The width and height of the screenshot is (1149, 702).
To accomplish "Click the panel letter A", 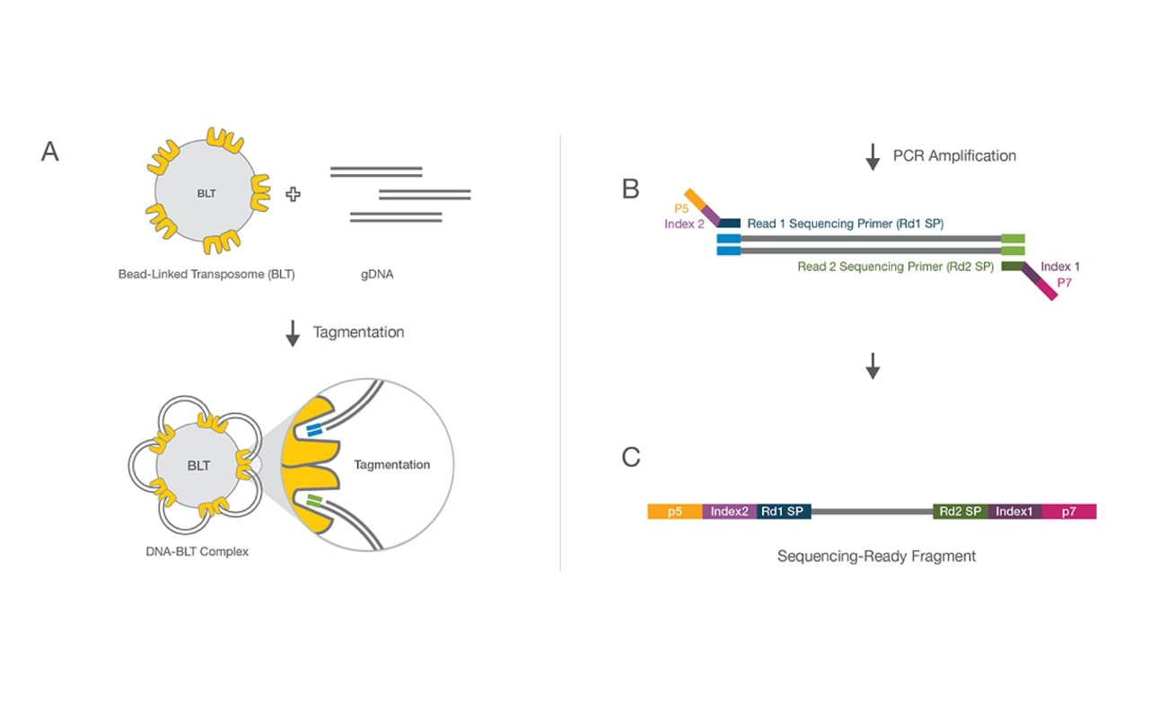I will point(50,152).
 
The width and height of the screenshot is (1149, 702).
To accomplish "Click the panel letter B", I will point(630,189).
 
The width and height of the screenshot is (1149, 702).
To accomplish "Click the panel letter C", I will point(631,457).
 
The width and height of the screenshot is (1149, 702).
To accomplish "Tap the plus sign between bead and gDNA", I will point(293,193).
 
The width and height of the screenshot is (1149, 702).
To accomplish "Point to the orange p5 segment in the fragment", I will point(674,511).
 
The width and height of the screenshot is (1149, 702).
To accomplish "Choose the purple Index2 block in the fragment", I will point(730,511).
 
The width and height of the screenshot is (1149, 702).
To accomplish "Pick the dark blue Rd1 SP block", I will point(784,511).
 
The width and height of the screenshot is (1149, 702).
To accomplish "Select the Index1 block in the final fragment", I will point(1014,511).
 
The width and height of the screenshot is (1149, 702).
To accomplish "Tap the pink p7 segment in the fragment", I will point(1068,511).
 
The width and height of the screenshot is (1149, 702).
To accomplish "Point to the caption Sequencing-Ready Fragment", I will point(876,557).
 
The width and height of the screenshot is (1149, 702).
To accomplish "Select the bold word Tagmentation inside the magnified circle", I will point(391,465).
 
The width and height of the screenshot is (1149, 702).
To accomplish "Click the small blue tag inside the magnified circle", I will point(313,432).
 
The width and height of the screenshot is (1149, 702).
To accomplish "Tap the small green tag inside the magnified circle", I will point(313,498).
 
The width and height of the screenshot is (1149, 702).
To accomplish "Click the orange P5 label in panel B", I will point(681,208).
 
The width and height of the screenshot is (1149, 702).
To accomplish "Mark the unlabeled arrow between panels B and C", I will point(873,365).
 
